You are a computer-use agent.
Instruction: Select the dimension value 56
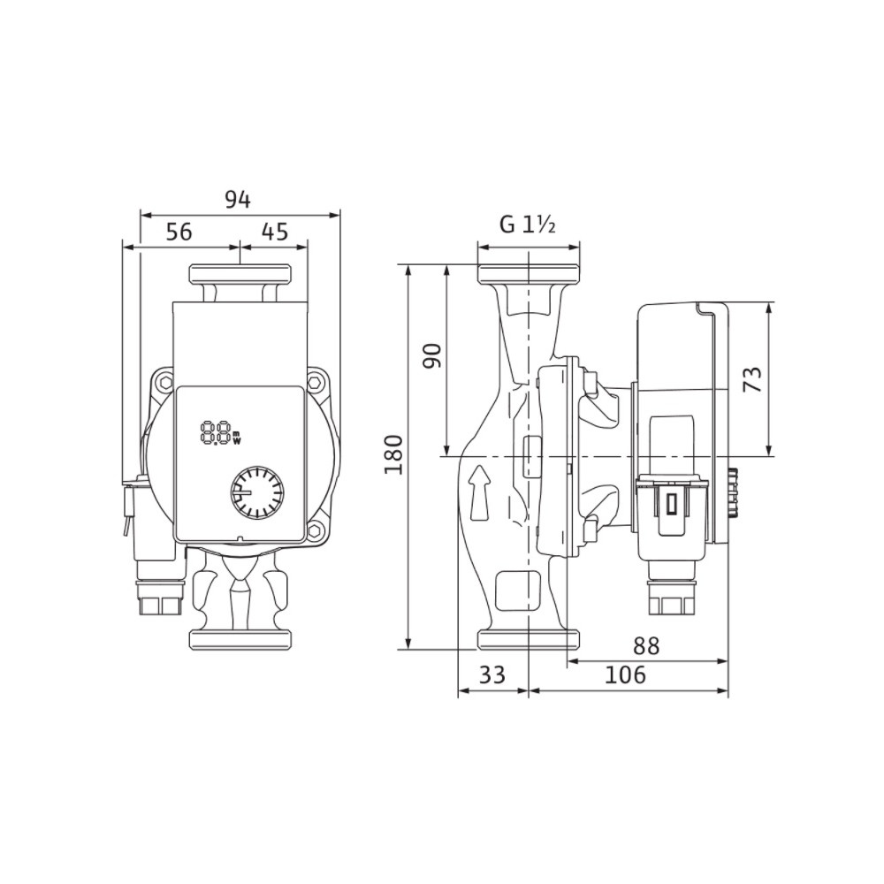[179, 232]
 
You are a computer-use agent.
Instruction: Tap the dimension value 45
[275, 232]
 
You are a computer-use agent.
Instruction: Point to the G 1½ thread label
[529, 225]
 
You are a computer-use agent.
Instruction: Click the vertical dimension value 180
[393, 454]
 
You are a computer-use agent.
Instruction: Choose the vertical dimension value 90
[433, 355]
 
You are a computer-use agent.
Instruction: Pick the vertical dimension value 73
[753, 379]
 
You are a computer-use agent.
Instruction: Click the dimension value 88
[646, 646]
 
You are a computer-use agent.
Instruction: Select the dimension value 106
[625, 674]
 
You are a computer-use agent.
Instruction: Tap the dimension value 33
[492, 674]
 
